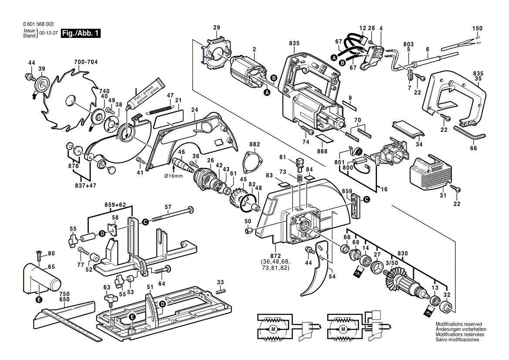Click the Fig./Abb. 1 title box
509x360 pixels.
tap(81, 34)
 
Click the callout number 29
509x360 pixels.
tap(217, 28)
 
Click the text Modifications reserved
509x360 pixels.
tap(459, 325)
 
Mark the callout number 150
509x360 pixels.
tap(478, 28)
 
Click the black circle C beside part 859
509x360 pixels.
tap(366, 199)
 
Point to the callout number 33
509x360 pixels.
tap(220, 282)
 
